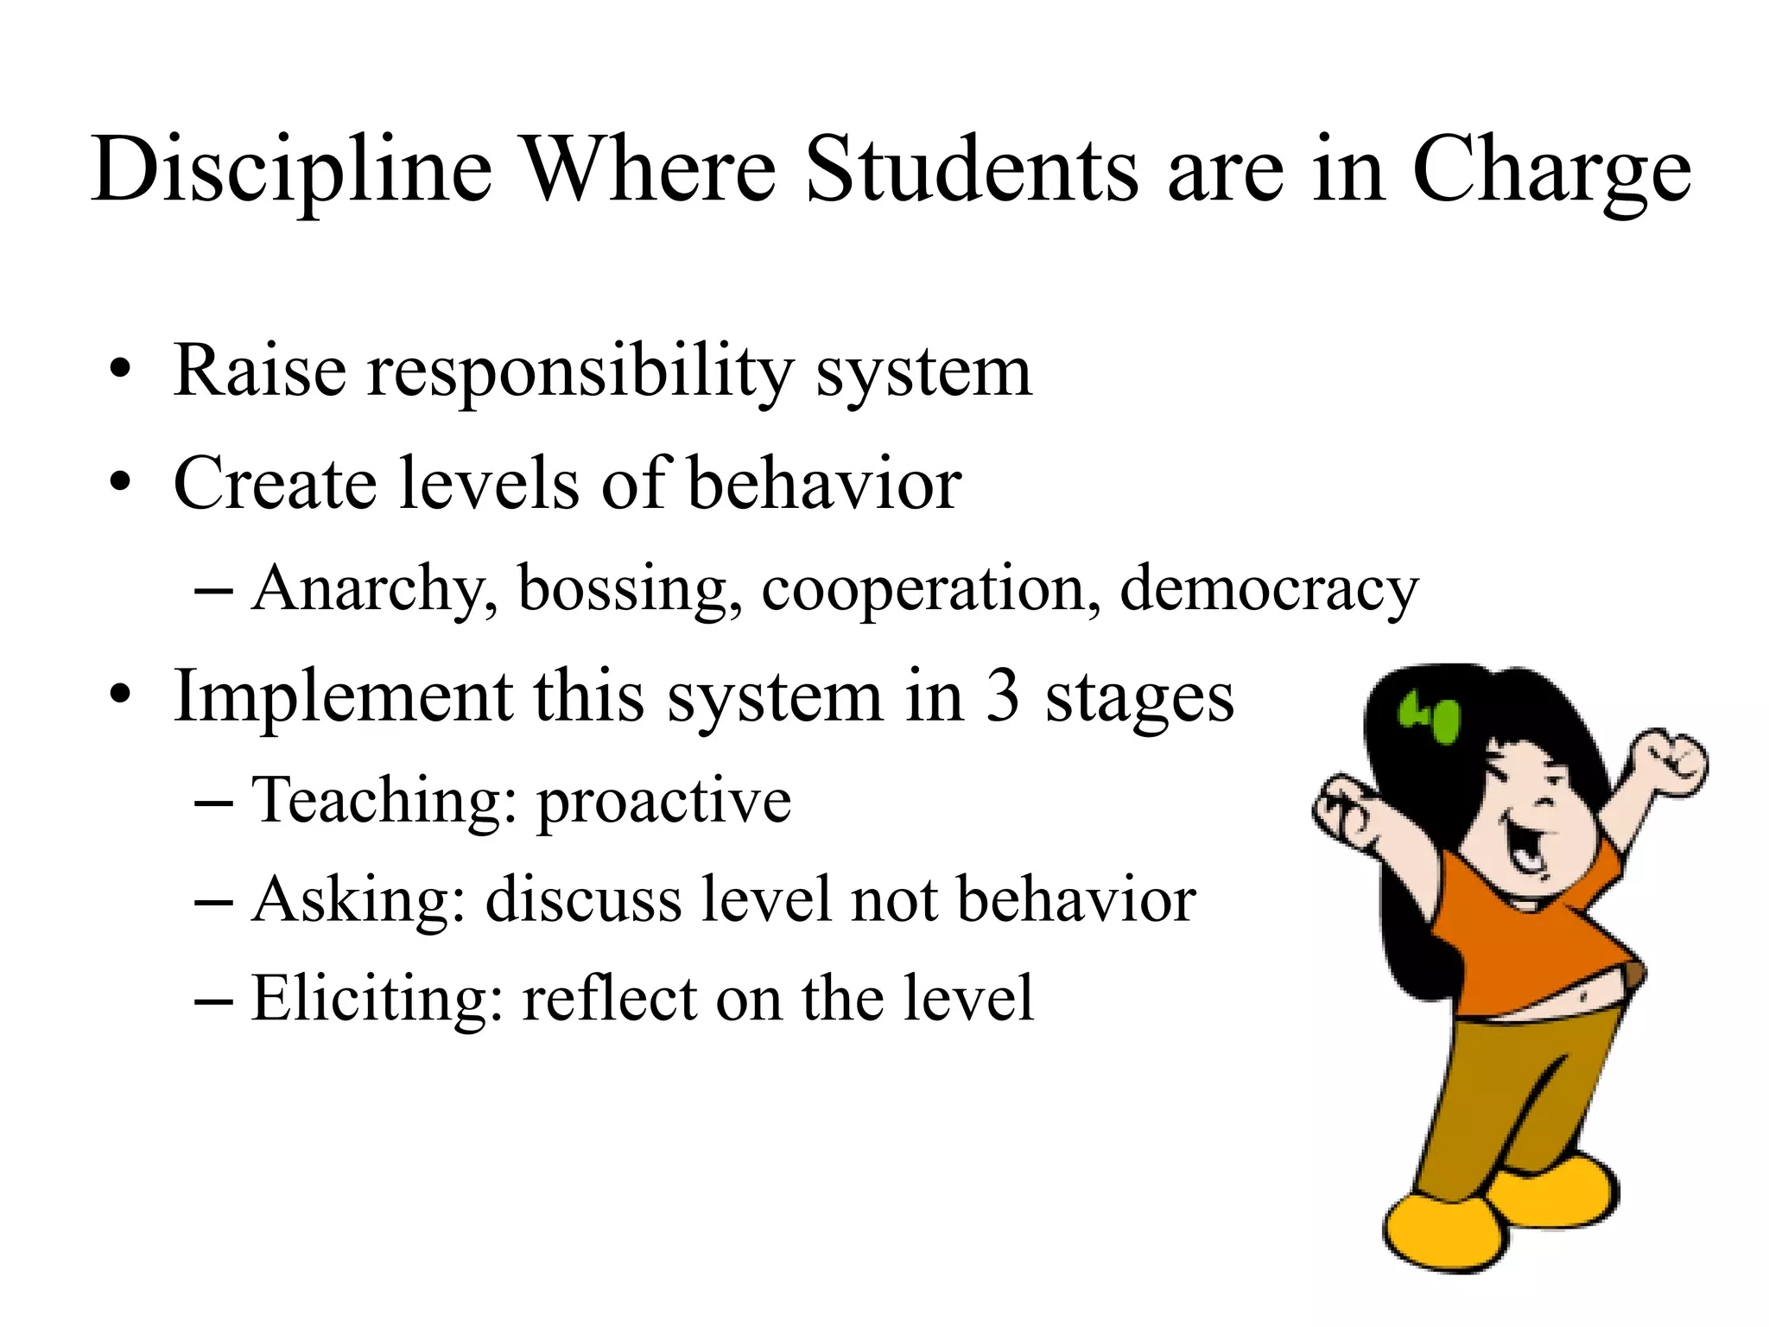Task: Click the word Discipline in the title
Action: coord(292,170)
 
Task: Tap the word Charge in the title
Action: coord(1551,170)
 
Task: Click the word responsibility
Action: coord(580,372)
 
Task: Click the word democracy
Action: coord(1269,589)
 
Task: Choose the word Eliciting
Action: coord(377,999)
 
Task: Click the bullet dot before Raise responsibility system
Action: coord(120,372)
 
